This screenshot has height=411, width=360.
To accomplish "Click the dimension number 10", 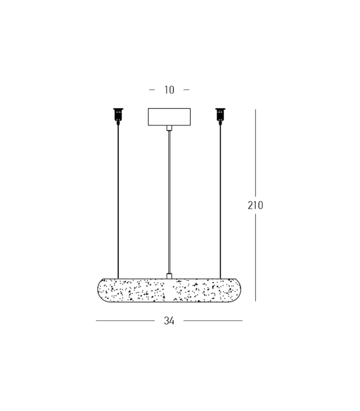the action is click(x=169, y=90).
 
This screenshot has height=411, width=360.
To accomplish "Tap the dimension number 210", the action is click(x=255, y=205).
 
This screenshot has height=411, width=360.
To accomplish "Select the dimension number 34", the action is click(x=169, y=321).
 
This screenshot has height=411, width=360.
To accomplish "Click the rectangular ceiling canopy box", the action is click(x=169, y=117).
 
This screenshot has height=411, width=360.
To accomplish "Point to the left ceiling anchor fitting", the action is click(x=118, y=115).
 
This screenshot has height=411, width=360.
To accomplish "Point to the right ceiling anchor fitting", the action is click(x=221, y=115).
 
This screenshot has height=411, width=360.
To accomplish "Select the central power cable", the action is click(x=169, y=202).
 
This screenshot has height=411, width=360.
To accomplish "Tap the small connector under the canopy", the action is click(x=169, y=128).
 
